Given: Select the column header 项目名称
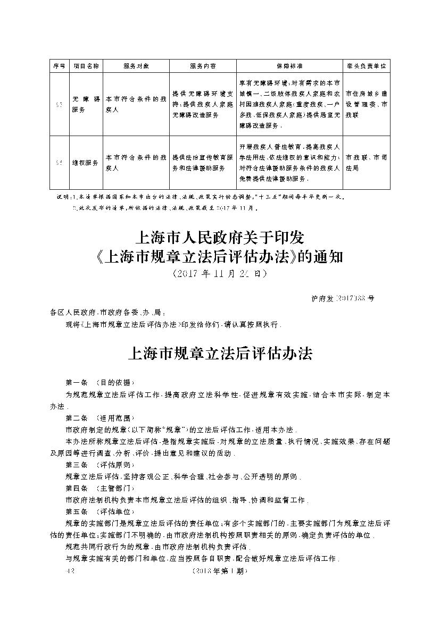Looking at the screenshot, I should (86, 66).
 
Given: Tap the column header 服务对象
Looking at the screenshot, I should (136, 66).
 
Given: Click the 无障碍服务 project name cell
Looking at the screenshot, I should (86, 104).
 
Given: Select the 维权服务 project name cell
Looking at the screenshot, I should (86, 163).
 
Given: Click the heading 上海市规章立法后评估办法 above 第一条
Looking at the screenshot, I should (220, 354).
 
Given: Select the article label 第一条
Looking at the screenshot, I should (76, 382).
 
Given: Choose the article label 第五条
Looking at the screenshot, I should (76, 511).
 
